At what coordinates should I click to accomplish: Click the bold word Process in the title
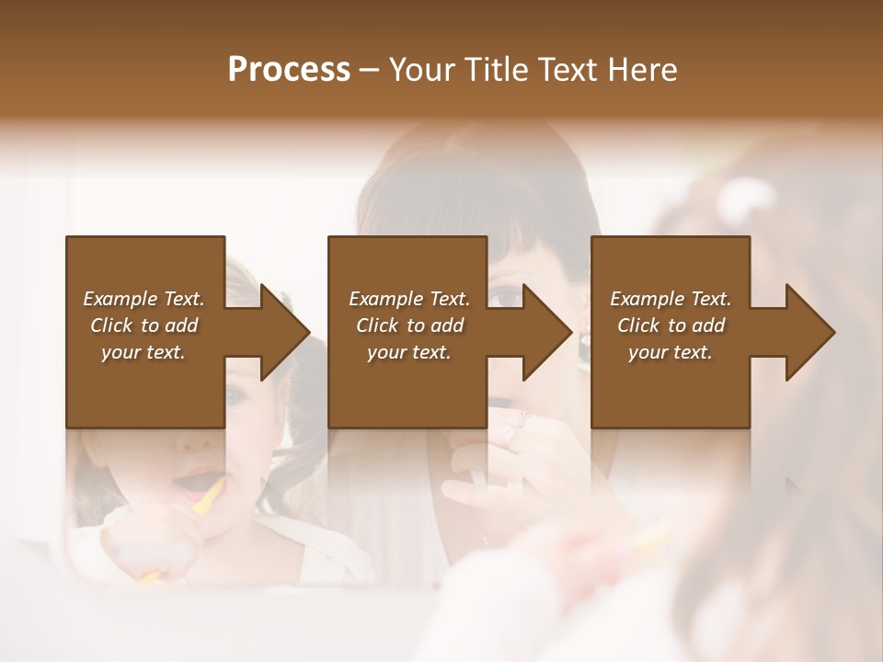(x=289, y=69)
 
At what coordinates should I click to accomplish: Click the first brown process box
(x=145, y=386)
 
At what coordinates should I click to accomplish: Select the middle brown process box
(x=407, y=386)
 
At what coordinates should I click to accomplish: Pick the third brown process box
(x=670, y=386)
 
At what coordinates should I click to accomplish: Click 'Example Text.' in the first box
(x=143, y=299)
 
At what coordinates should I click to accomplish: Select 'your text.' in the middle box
(x=408, y=352)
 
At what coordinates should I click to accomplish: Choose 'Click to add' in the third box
(x=671, y=325)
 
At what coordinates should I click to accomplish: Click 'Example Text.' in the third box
(x=671, y=299)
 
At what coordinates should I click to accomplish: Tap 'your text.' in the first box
(x=143, y=352)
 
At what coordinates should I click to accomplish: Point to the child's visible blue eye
(x=235, y=396)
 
